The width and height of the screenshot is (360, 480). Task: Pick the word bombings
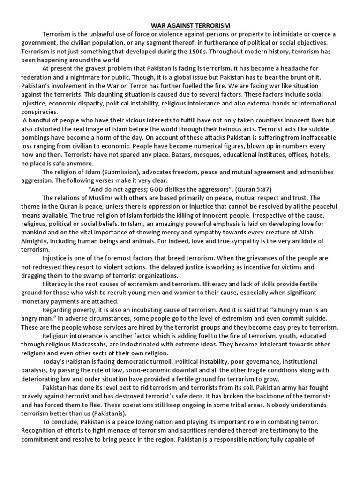point(38,138)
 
